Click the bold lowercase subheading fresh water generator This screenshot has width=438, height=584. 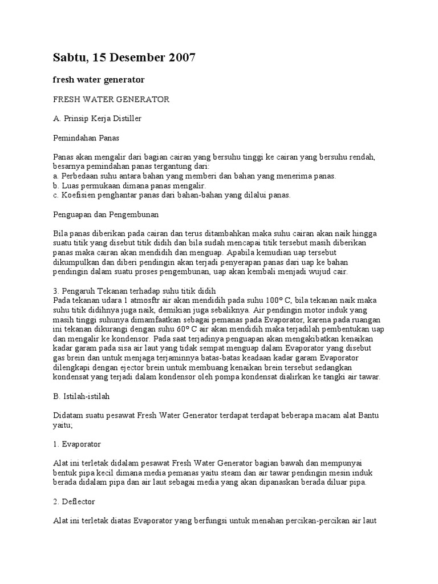[x=99, y=79]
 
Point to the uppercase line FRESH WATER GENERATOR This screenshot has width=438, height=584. [x=111, y=99]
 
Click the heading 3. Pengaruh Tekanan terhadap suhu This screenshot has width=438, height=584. [x=135, y=291]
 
